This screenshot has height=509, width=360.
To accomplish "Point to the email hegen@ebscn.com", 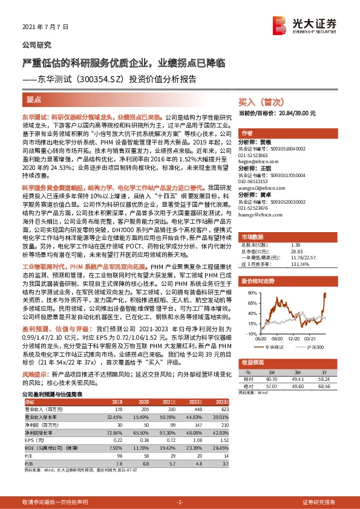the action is [x=258, y=162].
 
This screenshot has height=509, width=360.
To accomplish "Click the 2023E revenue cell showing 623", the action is [x=224, y=409].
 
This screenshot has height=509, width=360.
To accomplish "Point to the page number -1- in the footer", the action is [x=180, y=502].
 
